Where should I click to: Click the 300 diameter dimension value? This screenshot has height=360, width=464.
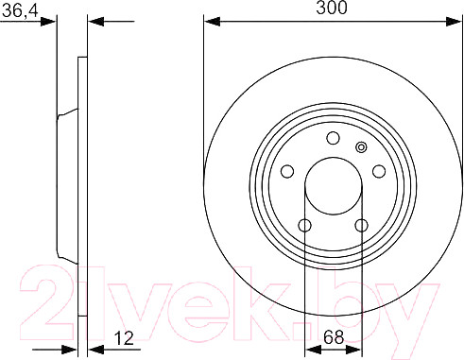coord(332,8)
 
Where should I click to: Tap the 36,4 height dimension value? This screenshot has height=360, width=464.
coord(20,11)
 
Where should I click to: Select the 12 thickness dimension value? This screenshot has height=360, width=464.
coord(124,338)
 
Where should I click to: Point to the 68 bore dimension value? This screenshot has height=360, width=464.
coord(334,337)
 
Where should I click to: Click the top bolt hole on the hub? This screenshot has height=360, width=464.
coord(333,138)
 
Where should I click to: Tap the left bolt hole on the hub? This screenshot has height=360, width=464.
coord(287,172)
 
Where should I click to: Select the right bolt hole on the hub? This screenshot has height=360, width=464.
coord(379,172)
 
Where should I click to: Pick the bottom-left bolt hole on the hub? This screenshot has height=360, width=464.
coord(305,226)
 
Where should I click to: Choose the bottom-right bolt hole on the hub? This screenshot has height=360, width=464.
coord(361,226)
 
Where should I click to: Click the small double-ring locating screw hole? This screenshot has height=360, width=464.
coord(361,147)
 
